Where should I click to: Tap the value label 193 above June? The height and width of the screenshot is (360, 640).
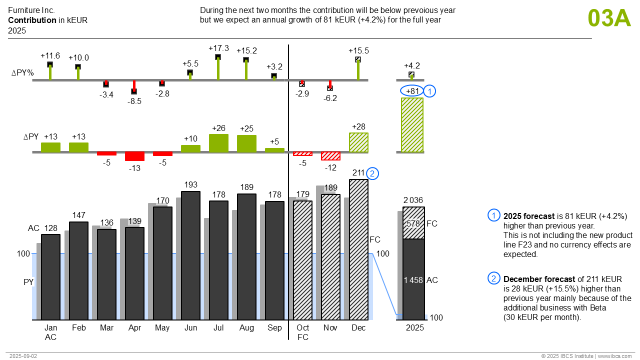coord(190,185)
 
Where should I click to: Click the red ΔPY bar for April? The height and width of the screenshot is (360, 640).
coord(134,156)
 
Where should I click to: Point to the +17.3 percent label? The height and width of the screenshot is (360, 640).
coord(218,48)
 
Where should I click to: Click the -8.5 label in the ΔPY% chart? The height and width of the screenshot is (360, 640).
coord(134,101)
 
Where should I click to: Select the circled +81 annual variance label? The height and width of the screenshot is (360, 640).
coord(412,91)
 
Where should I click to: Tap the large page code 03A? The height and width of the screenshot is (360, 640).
coord(609,18)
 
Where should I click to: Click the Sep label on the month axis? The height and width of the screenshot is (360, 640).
coord(274,328)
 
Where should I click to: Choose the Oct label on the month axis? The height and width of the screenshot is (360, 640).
coord(302,328)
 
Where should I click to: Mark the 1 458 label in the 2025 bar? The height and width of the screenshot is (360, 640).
coord(413,280)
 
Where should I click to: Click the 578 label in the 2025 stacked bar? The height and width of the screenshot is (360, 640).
coord(413,223)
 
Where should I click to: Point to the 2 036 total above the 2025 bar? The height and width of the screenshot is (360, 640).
coord(413,200)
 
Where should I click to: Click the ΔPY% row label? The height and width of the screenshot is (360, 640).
coord(22,73)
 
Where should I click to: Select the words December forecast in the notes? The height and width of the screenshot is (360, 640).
coord(532,279)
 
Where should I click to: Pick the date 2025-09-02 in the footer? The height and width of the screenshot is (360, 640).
coord(23,356)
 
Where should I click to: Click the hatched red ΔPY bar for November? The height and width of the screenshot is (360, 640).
coord(330,156)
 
